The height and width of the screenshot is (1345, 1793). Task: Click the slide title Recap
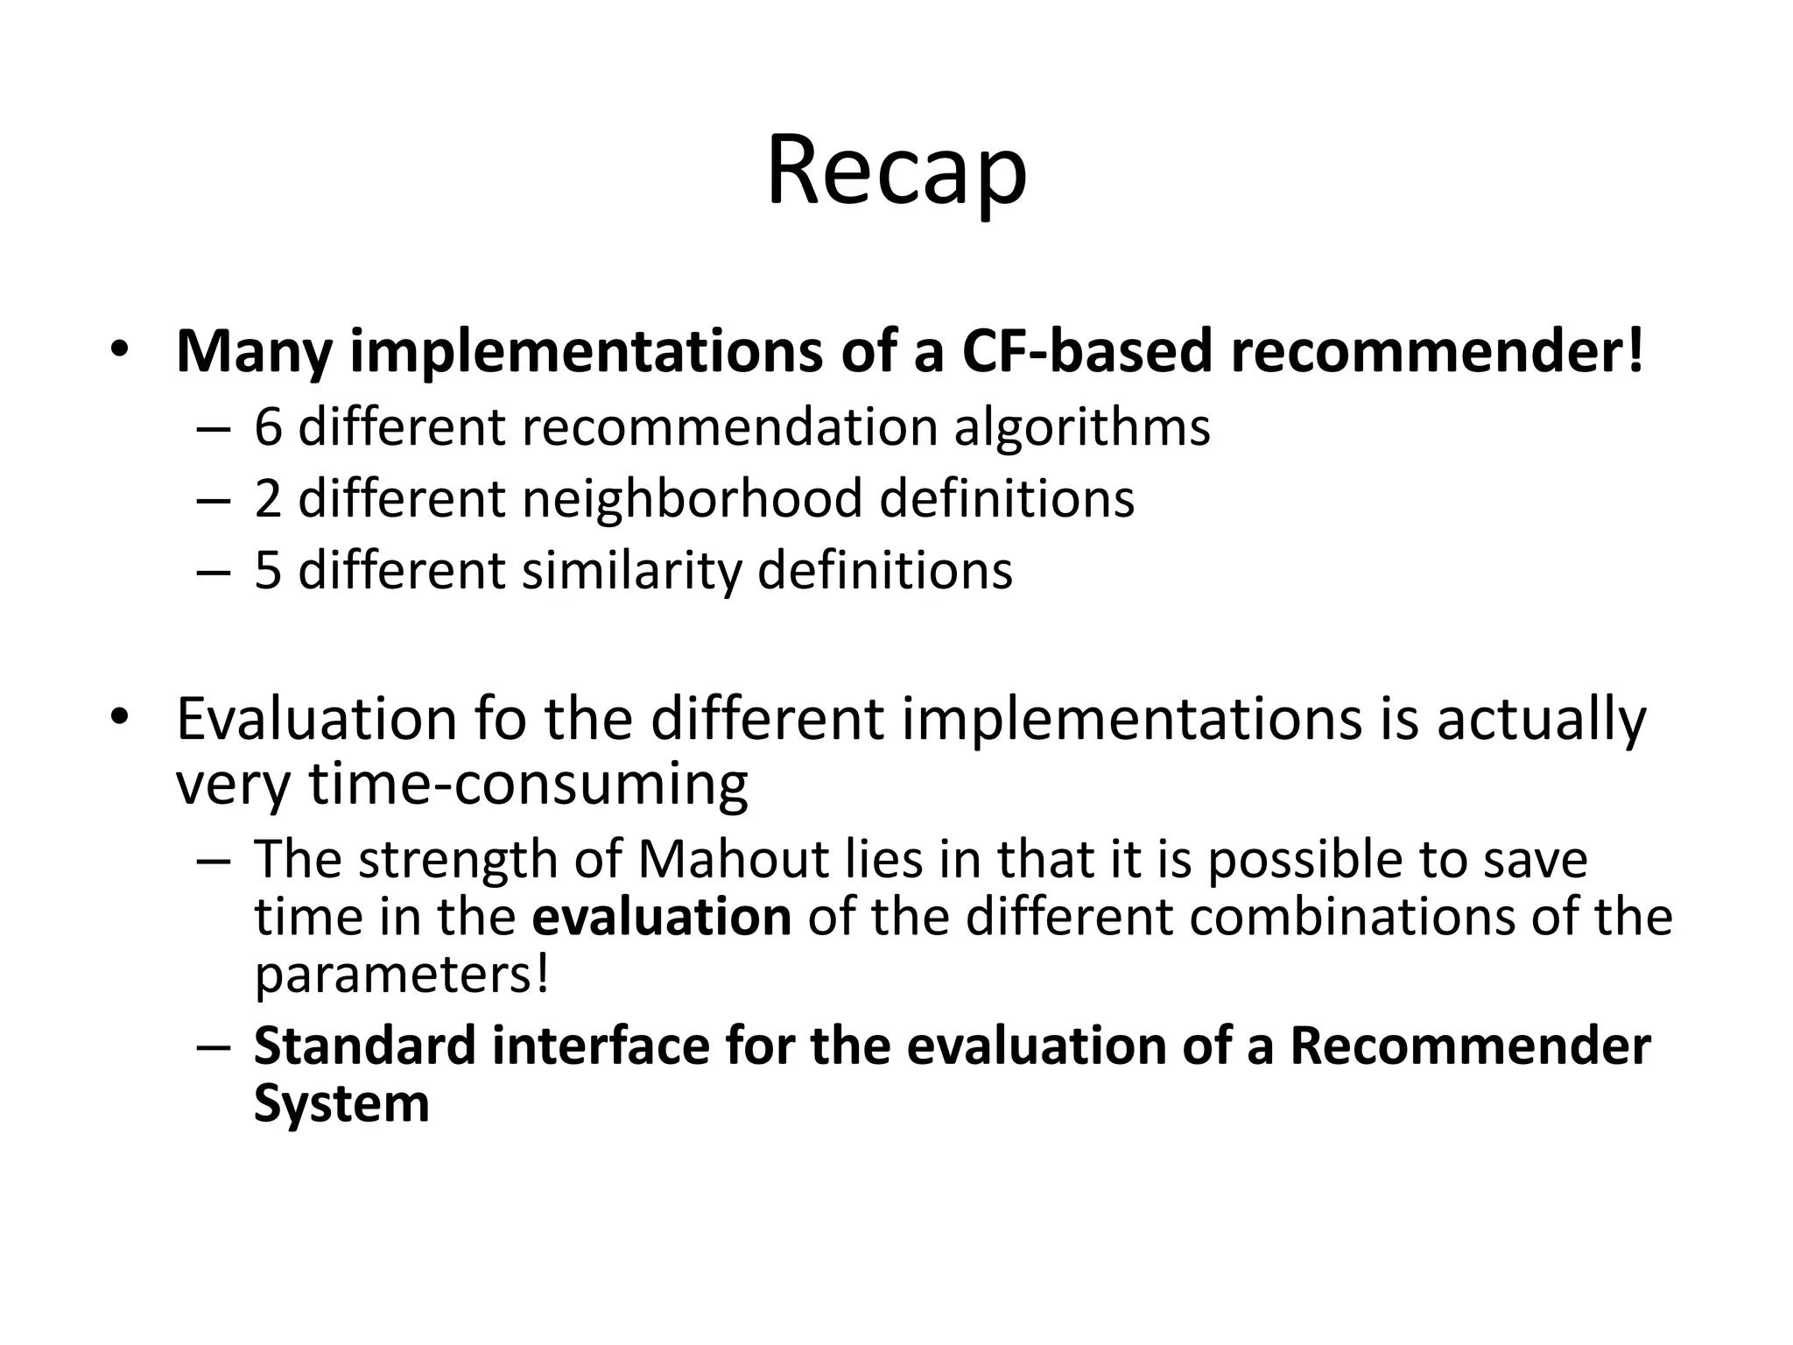[x=896, y=172]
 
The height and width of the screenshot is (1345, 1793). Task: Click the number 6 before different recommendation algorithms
[x=269, y=428]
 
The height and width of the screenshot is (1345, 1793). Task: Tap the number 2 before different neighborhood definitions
[x=269, y=499]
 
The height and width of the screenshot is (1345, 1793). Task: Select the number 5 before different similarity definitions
[x=269, y=571]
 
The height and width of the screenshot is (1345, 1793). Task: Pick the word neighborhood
[x=693, y=499]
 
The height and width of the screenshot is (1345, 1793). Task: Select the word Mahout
[x=733, y=860]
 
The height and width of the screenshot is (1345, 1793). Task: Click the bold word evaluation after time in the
[x=662, y=917]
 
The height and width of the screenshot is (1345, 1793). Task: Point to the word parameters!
[x=402, y=975]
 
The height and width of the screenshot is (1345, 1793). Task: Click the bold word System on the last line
[x=341, y=1103]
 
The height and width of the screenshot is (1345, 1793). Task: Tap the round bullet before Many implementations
[x=120, y=351]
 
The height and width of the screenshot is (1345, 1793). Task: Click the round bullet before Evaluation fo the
[x=120, y=718]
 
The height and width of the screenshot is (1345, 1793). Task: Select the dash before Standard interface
[x=213, y=1048]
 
